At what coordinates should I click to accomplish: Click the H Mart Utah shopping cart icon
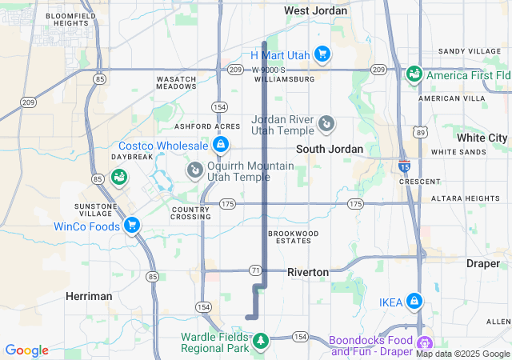click(322, 54)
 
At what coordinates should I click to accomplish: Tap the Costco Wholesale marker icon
click(220, 145)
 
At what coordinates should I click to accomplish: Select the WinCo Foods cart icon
click(132, 226)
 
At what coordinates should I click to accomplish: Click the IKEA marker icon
click(414, 302)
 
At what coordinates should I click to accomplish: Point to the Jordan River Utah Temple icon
click(326, 124)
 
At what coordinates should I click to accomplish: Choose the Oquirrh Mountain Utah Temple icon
click(194, 170)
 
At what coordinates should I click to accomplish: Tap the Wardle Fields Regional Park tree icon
click(259, 342)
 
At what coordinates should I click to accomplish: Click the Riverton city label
click(308, 272)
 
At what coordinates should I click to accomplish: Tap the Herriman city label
click(89, 296)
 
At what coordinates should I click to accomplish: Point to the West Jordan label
click(316, 10)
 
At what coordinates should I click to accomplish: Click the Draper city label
click(482, 263)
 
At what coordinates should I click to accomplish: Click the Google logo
click(26, 350)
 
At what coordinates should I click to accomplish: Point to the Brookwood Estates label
click(294, 237)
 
